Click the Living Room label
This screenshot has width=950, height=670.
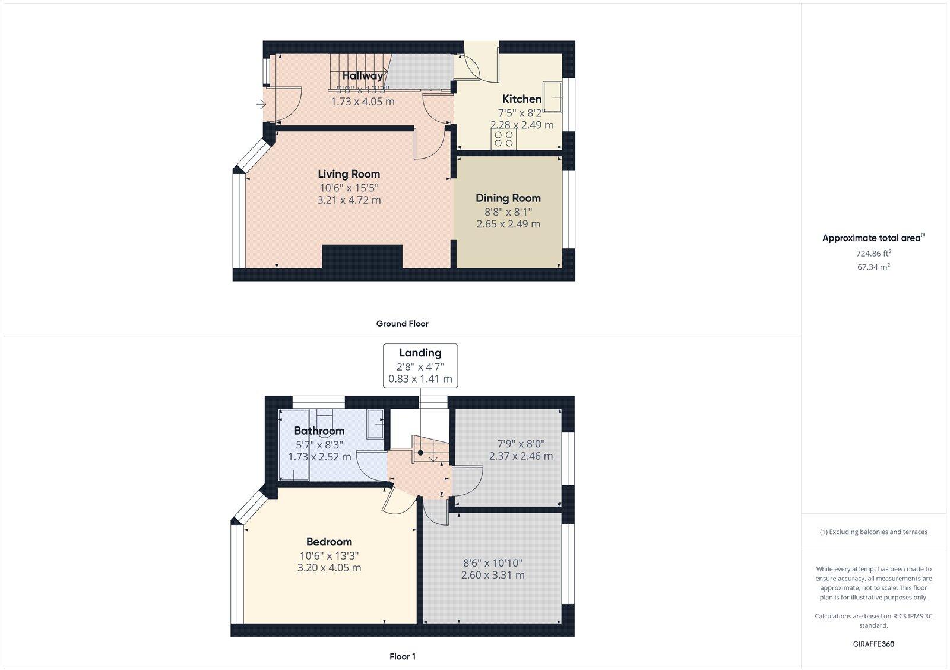pyautogui.click(x=349, y=174)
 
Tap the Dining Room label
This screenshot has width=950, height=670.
pyautogui.click(x=508, y=198)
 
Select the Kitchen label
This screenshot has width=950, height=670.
pyautogui.click(x=522, y=99)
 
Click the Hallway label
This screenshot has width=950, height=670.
pyautogui.click(x=363, y=75)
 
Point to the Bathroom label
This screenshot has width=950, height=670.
pyautogui.click(x=319, y=431)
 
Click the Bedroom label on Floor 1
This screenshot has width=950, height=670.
pyautogui.click(x=329, y=541)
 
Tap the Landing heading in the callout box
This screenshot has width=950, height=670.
pyautogui.click(x=420, y=353)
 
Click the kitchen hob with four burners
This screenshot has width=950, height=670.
pyautogui.click(x=504, y=139)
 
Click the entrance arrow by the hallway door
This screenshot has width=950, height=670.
pyautogui.click(x=261, y=105)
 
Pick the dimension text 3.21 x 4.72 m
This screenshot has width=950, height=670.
pyautogui.click(x=349, y=200)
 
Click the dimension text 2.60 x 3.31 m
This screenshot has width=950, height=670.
pyautogui.click(x=493, y=575)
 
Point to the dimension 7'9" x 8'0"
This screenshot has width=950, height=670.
pyautogui.click(x=521, y=443)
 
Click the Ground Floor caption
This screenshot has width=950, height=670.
pyautogui.click(x=402, y=324)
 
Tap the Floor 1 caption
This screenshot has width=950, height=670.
pyautogui.click(x=402, y=656)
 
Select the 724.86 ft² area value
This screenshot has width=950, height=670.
pyautogui.click(x=873, y=253)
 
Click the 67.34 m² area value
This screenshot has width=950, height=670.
pyautogui.click(x=873, y=267)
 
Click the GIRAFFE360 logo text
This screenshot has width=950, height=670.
pyautogui.click(x=873, y=644)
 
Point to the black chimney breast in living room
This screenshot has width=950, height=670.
pyautogui.click(x=362, y=257)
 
